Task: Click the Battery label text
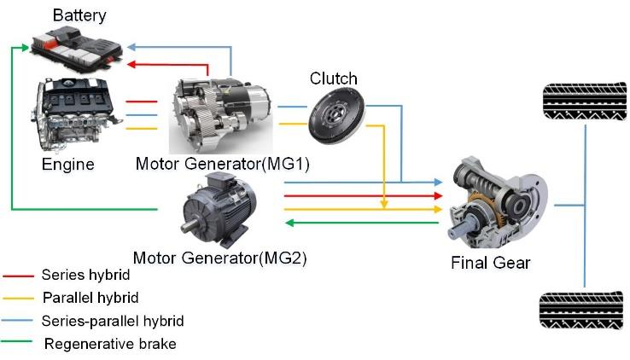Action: coord(80,15)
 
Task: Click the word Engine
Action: coord(67,163)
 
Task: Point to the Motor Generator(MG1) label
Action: coord(222,163)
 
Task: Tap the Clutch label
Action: coord(333,79)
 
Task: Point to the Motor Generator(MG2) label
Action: coord(220,257)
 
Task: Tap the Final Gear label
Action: coord(490,263)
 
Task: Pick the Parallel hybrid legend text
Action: coord(90,298)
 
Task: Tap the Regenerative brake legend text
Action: coord(110,344)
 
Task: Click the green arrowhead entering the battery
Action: coord(26,49)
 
